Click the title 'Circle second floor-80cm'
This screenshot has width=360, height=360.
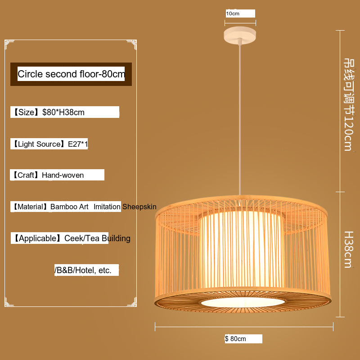pyautogui.click(x=71, y=74)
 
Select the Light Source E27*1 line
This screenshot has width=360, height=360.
pyautogui.click(x=49, y=144)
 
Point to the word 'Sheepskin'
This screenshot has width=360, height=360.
pyautogui.click(x=139, y=207)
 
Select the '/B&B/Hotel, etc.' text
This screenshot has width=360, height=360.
pyautogui.click(x=83, y=270)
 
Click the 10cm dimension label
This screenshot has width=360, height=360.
pyautogui.click(x=233, y=13)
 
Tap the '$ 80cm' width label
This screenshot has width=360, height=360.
pyautogui.click(x=236, y=339)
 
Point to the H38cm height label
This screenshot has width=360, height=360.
pyautogui.click(x=347, y=249)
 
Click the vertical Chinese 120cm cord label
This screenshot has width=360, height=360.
pyautogui.click(x=348, y=103)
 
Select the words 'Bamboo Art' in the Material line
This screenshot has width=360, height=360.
pyautogui.click(x=69, y=207)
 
